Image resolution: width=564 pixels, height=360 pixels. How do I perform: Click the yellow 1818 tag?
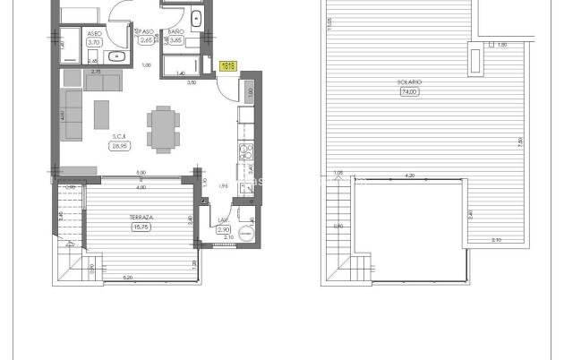point(227,65)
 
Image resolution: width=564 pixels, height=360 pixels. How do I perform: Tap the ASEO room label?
point(94,33)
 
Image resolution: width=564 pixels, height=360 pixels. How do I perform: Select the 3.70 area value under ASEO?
point(94,42)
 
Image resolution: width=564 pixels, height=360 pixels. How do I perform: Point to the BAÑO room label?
point(175,32)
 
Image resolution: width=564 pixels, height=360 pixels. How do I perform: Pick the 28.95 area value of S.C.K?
point(117,146)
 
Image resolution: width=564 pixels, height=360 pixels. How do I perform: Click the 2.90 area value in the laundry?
point(224,230)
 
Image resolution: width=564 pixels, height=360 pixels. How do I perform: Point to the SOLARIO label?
point(409,82)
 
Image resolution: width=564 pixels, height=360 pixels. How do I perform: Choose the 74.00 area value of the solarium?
point(409,91)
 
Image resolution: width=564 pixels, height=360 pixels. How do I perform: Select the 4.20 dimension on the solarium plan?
point(409,176)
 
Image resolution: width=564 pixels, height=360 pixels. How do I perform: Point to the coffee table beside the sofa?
point(103,114)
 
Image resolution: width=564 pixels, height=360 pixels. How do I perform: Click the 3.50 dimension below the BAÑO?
point(191,82)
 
